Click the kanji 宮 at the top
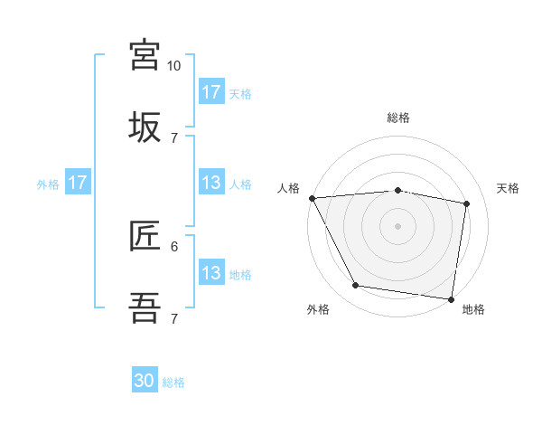tap(145, 54)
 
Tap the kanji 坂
tap(145, 127)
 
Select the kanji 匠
tap(145, 236)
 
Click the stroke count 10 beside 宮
tap(173, 66)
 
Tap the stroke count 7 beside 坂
tap(174, 137)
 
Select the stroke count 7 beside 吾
tap(174, 318)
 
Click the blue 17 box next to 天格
tap(211, 91)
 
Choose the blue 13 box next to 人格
tap(211, 183)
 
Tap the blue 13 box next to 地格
tap(211, 273)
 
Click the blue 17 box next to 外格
tap(78, 183)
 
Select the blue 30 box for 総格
tap(145, 381)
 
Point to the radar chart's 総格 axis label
tap(398, 118)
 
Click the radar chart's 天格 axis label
tap(508, 188)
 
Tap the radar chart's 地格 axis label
tap(473, 309)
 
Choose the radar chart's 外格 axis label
tap(318, 309)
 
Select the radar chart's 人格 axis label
tap(288, 188)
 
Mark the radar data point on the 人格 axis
tap(312, 198)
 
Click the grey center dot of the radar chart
tap(398, 226)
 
